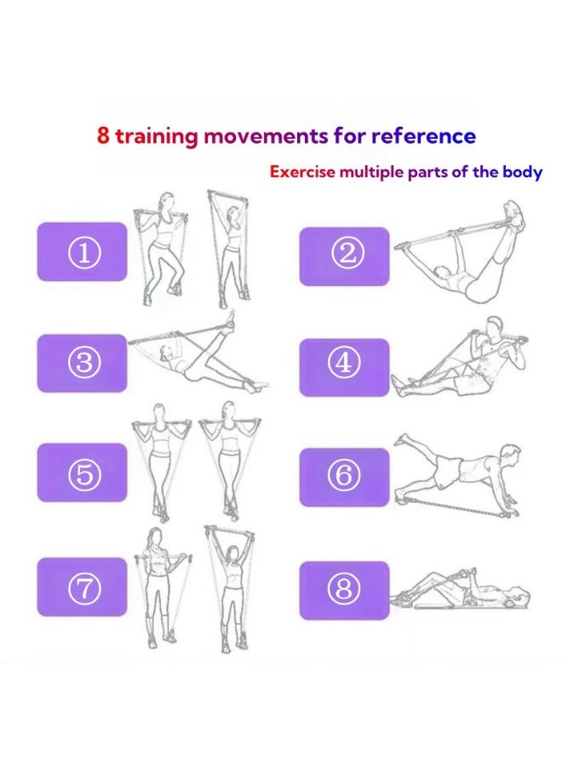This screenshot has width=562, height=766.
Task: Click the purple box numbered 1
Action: (82, 252)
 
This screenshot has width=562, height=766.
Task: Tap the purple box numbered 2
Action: (345, 256)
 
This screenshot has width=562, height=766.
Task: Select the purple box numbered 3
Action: (82, 363)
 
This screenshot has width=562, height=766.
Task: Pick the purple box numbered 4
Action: (345, 368)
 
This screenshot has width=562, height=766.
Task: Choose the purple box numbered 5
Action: (82, 472)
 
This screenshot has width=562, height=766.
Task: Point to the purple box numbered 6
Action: (345, 477)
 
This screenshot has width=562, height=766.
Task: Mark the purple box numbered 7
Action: (82, 586)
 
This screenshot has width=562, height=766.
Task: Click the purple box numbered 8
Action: (345, 591)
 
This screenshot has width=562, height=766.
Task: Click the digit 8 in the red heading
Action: (103, 135)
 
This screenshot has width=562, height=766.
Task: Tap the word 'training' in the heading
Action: (157, 136)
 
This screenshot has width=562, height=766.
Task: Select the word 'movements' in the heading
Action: (266, 136)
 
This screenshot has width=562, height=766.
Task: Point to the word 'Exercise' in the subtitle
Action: (303, 172)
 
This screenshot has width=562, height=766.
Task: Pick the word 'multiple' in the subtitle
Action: (372, 173)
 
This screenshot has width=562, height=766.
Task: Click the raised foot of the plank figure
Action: (402, 439)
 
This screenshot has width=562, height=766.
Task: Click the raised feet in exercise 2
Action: (514, 216)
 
